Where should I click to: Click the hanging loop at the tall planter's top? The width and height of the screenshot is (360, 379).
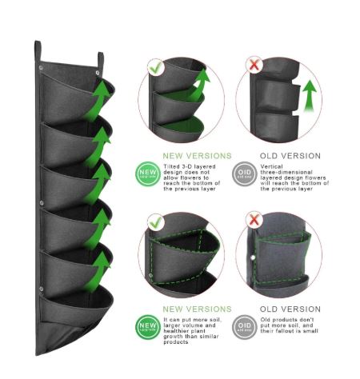point(101,61)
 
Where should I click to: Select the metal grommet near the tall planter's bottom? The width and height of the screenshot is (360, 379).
point(41,289)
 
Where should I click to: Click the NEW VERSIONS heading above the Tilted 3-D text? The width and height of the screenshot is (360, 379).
point(197,156)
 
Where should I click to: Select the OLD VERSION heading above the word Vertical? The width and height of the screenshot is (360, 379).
point(290,156)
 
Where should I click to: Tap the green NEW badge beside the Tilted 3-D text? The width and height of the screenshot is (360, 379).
point(149,173)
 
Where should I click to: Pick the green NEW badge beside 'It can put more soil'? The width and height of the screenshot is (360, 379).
point(149,326)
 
